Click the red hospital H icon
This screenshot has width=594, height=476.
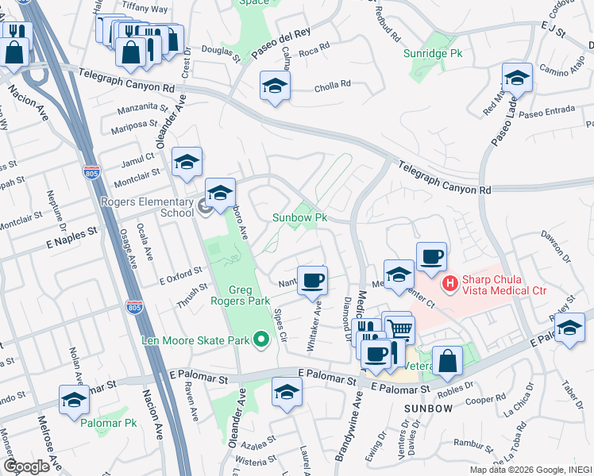click(x=449, y=282)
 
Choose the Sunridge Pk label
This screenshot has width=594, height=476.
click(x=432, y=53)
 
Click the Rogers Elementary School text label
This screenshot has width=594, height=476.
click(x=148, y=206)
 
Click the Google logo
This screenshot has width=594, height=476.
click(x=26, y=466)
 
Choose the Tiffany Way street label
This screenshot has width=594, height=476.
click(x=145, y=8)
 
